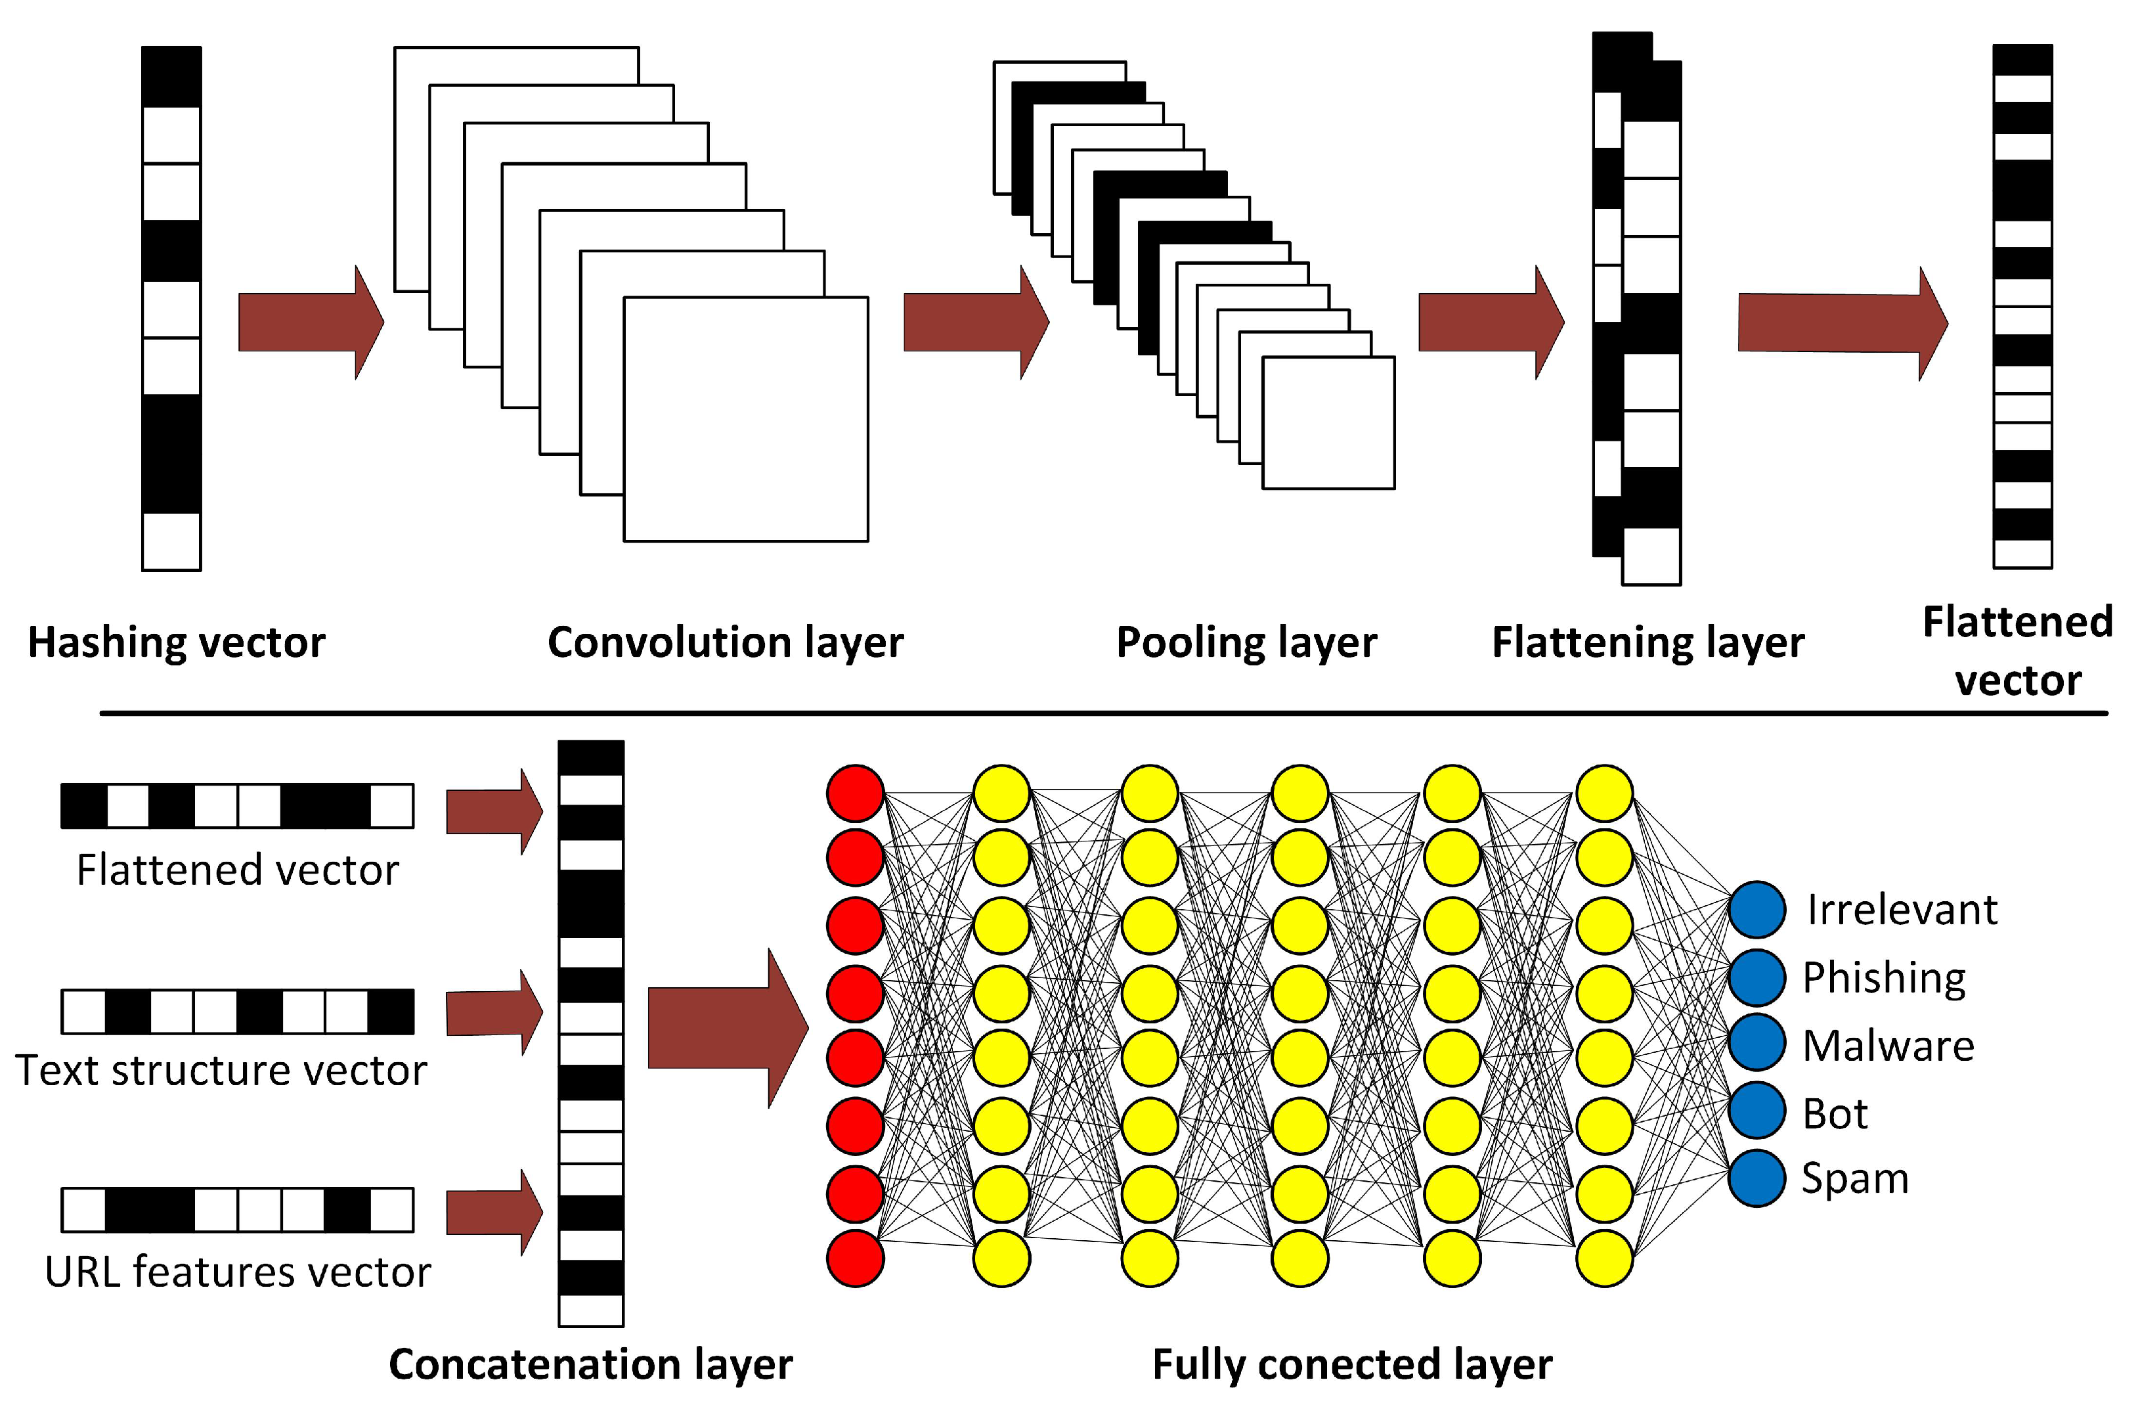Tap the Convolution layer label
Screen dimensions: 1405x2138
[725, 643]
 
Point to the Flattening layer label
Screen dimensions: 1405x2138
[1647, 643]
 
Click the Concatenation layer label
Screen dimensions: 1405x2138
[590, 1364]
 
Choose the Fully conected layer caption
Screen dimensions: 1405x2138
[1351, 1364]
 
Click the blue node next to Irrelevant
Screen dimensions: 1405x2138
[1756, 909]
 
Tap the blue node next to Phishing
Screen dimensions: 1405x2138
[1756, 977]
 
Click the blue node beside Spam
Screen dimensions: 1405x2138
[1756, 1178]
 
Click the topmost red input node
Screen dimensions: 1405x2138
[855, 793]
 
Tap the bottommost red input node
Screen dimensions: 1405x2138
[855, 1259]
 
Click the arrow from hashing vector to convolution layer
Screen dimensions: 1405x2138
[310, 322]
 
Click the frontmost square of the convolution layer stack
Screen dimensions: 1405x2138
[745, 418]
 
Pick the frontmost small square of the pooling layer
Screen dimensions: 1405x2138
[1328, 422]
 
